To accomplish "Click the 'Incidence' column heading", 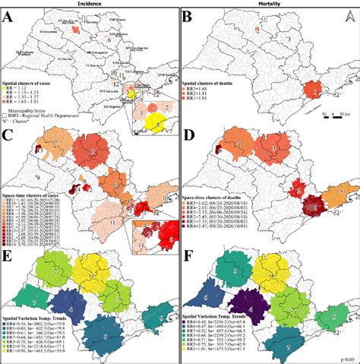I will click(90, 4).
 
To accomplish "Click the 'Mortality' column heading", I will click(270, 4).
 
